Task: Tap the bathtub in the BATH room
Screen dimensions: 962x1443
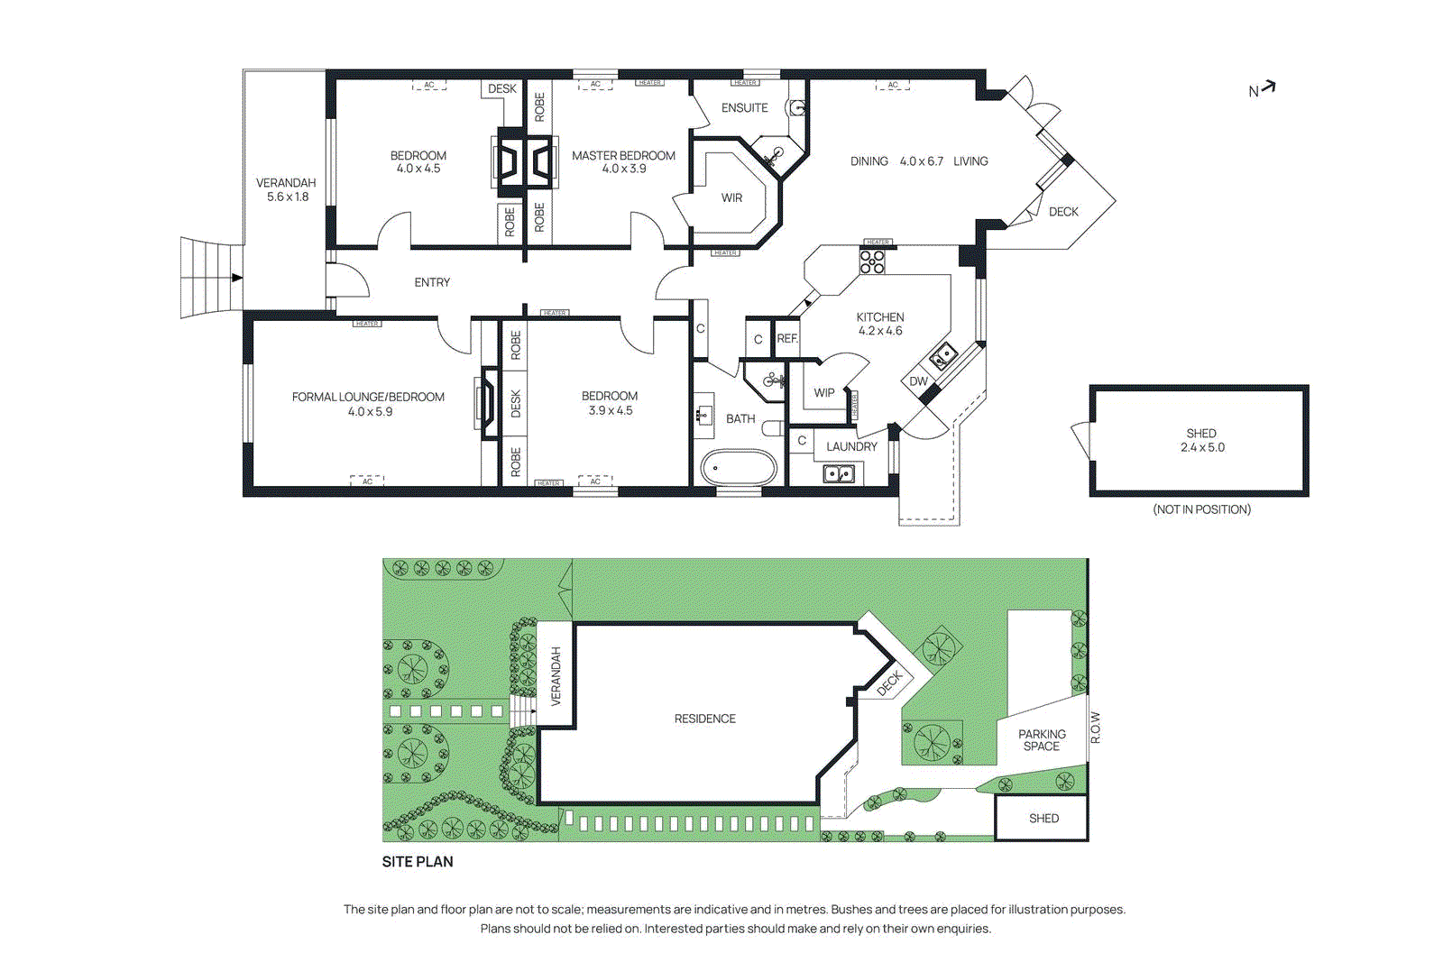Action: click(739, 468)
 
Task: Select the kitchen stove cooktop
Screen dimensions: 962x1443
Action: click(872, 261)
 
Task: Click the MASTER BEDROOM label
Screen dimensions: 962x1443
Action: click(623, 155)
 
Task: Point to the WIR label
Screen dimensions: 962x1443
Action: click(731, 197)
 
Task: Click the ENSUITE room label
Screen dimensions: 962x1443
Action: click(744, 107)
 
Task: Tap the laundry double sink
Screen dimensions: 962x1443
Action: click(839, 473)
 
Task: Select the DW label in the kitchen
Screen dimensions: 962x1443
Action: click(918, 381)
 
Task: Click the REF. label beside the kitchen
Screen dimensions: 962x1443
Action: click(787, 339)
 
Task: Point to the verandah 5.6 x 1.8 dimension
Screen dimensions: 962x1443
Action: click(288, 197)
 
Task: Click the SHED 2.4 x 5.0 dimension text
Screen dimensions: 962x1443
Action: click(1202, 447)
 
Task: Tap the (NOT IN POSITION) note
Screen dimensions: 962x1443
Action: click(1201, 509)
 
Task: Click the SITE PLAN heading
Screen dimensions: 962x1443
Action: click(418, 862)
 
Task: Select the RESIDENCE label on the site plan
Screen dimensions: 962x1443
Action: click(704, 719)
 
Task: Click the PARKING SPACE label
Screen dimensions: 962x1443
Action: click(1042, 740)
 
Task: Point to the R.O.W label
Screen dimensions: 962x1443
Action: click(1096, 728)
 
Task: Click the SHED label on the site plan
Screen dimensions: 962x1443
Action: click(1043, 819)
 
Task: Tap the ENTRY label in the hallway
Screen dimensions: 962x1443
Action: click(432, 282)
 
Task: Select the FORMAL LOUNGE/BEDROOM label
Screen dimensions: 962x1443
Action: click(368, 397)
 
